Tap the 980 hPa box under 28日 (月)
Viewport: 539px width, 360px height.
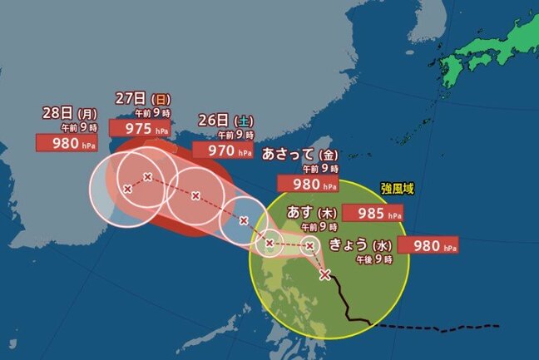click(66, 141)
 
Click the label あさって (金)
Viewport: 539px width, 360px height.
click(300, 154)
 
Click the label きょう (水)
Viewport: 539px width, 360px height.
click(359, 245)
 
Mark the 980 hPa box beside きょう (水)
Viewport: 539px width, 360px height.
click(428, 245)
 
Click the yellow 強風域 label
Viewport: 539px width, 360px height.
click(397, 189)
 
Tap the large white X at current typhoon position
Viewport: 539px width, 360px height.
click(324, 275)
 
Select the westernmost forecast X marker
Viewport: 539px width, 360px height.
click(127, 190)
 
